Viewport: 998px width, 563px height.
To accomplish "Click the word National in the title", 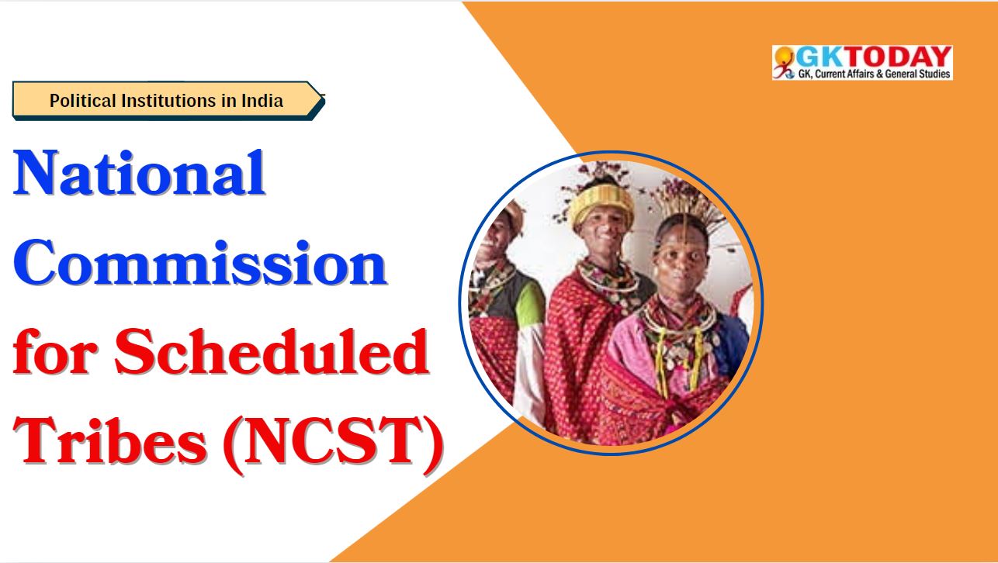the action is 139,173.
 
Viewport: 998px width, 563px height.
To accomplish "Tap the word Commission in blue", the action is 200,263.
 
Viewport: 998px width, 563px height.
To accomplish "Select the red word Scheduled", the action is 272,351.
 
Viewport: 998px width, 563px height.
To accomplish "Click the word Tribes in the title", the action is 110,441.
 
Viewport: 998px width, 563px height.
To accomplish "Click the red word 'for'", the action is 55,351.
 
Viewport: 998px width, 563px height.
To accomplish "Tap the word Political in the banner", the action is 83,101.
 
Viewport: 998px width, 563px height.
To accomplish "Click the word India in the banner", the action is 262,101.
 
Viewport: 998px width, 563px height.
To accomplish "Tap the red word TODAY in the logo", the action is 897,57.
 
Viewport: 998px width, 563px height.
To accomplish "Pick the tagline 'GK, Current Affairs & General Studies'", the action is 874,74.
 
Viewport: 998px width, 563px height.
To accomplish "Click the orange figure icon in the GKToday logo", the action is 784,62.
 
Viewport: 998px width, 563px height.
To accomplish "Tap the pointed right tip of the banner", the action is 324,95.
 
